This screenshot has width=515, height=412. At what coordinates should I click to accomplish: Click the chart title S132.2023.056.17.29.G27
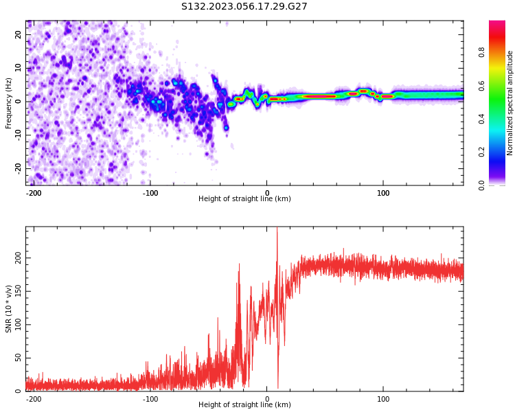[x=244, y=7]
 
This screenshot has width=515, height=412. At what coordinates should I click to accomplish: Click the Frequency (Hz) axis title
[x=9, y=103]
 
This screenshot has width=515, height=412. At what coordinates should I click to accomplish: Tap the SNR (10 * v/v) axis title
[x=9, y=309]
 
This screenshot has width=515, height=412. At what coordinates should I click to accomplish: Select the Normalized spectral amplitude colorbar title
[x=510, y=103]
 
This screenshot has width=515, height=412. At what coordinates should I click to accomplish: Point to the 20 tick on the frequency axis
[x=19, y=35]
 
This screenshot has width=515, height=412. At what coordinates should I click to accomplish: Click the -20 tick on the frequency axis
[x=17, y=168]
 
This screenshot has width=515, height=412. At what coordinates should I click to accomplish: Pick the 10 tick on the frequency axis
[x=19, y=68]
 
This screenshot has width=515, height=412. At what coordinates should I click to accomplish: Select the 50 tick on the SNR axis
[x=18, y=358]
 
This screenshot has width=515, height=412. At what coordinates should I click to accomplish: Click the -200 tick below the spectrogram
[x=34, y=193]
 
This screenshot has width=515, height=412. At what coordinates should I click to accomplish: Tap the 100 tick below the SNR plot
[x=383, y=399]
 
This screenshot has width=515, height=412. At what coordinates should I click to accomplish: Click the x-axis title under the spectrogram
[x=244, y=199]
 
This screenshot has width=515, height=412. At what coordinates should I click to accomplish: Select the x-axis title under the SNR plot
[x=244, y=405]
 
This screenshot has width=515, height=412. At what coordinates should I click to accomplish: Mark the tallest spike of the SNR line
[x=277, y=229]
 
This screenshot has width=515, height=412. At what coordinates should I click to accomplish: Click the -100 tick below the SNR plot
[x=150, y=399]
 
